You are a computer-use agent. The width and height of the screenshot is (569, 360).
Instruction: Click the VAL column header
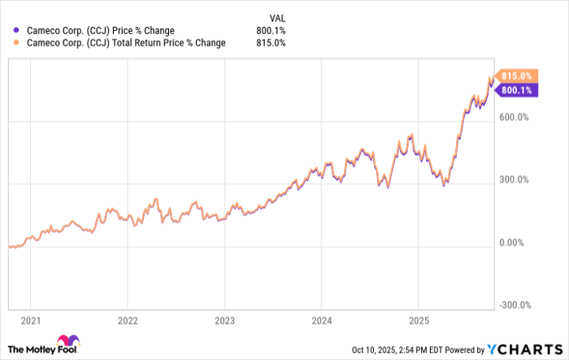coord(277,17)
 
